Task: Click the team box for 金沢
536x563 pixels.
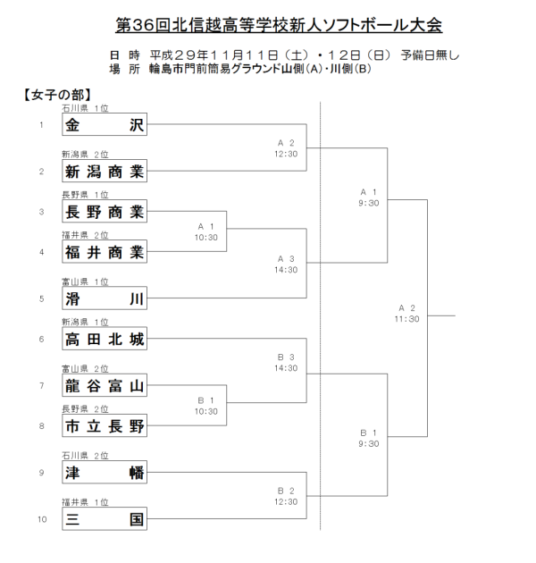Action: pos(105,126)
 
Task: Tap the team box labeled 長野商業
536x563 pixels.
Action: pos(105,212)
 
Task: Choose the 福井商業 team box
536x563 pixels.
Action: pos(105,253)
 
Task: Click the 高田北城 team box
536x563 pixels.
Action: pos(105,340)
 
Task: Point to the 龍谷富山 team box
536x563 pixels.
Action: pos(105,384)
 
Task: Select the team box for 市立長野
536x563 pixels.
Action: pos(105,426)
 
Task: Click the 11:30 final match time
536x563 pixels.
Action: pos(407,319)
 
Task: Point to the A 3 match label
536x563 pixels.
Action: pos(286,258)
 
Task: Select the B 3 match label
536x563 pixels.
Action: pos(286,357)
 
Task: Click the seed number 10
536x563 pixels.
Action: pos(41,517)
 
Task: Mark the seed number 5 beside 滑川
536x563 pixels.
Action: pos(41,298)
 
